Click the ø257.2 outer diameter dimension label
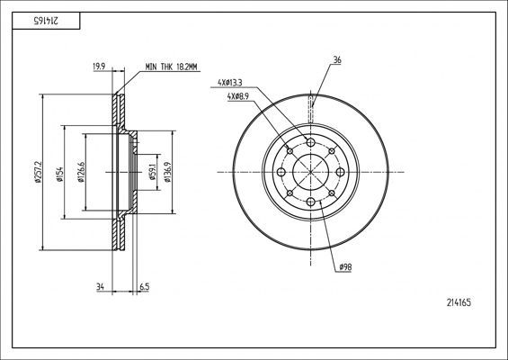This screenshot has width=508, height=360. click(38, 172)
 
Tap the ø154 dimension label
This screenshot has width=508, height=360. click(59, 174)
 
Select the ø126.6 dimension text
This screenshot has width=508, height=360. click(81, 172)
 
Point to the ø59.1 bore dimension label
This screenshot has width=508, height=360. click(152, 172)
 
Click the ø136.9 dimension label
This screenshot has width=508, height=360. click(167, 172)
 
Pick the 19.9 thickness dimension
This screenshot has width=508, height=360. click(99, 67)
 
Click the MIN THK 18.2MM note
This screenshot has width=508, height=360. click(171, 67)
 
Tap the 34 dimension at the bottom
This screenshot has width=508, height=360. click(100, 287)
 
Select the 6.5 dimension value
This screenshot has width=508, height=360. click(144, 287)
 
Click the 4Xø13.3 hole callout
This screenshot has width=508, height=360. click(229, 83)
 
